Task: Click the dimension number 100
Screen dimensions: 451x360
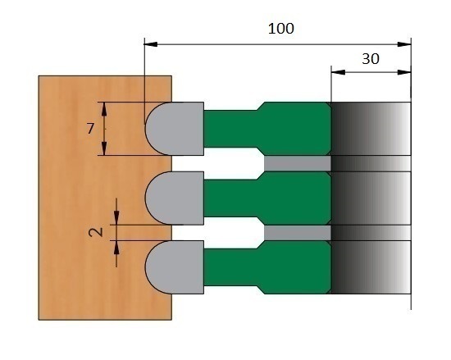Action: click(x=281, y=29)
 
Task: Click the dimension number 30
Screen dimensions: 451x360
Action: click(x=371, y=59)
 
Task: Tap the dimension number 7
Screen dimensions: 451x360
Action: click(x=90, y=129)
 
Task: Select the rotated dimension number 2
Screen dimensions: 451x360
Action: click(x=96, y=232)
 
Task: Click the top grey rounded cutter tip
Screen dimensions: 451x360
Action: click(x=175, y=129)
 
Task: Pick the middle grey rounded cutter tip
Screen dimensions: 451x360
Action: click(x=175, y=198)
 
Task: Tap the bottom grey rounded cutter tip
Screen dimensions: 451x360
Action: click(x=175, y=267)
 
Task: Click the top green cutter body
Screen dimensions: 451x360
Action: click(x=267, y=129)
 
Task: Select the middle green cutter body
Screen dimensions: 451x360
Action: click(x=267, y=198)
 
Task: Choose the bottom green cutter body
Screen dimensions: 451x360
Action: click(x=267, y=267)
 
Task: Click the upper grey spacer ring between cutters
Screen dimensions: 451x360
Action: click(x=298, y=163)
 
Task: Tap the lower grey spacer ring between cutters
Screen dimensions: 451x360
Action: click(x=298, y=233)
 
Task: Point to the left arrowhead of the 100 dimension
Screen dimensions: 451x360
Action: click(x=150, y=44)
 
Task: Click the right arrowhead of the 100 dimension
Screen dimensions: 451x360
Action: click(x=404, y=44)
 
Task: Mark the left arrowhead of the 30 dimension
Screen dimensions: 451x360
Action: click(x=338, y=72)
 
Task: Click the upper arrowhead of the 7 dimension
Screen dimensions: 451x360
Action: click(x=104, y=109)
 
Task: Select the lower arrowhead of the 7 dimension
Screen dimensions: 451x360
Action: click(x=104, y=148)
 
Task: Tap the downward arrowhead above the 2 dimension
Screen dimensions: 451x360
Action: click(x=116, y=218)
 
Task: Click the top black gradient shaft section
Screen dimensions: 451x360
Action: click(x=371, y=129)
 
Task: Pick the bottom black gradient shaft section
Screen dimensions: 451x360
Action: click(x=371, y=267)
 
